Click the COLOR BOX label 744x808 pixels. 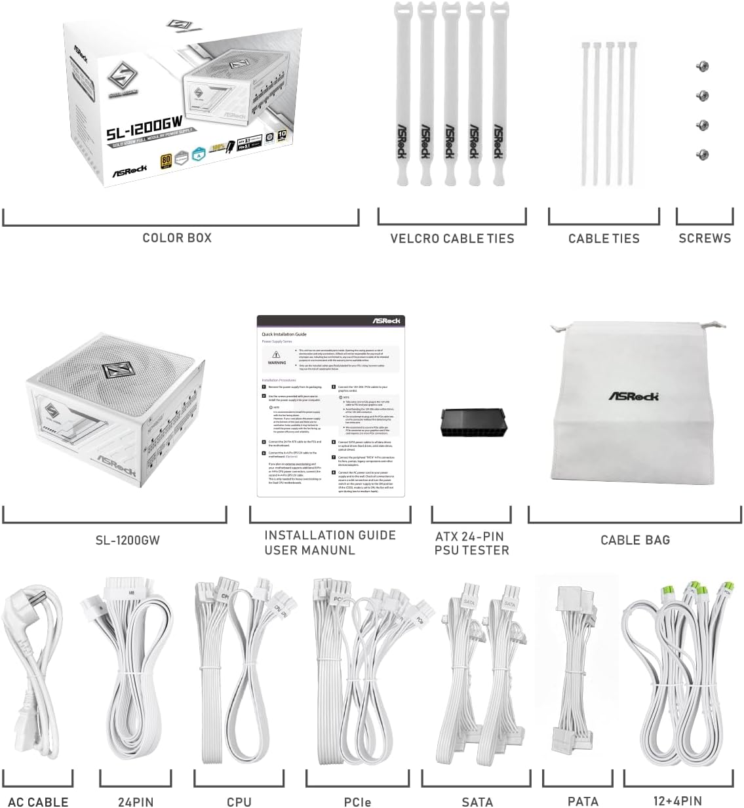[177, 238]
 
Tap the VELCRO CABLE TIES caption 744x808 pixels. [452, 239]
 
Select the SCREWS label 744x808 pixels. [704, 239]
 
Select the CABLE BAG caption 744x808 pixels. [635, 540]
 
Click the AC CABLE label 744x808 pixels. [38, 801]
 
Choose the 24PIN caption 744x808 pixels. [135, 801]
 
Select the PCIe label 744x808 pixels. [358, 801]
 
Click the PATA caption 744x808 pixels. [583, 801]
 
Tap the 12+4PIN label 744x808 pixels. [677, 801]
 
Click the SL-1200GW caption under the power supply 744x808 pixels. [127, 541]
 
